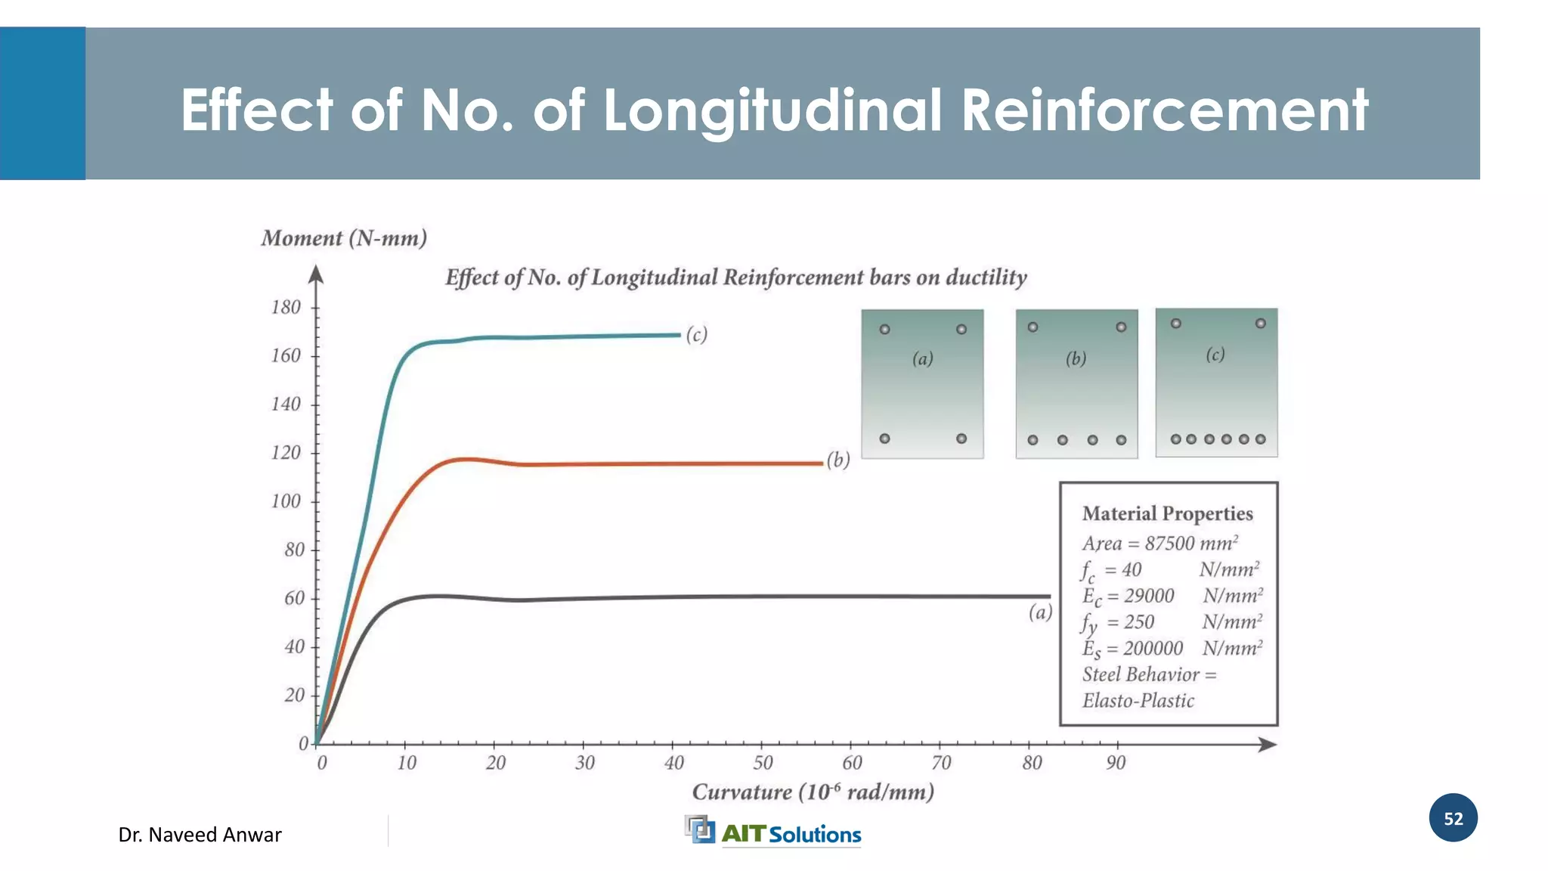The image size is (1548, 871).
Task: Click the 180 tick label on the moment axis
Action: coord(286,308)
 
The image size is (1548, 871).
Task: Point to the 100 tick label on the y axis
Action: coord(286,501)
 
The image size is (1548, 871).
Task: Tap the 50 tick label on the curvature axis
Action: coord(763,763)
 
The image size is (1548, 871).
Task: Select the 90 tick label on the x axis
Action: coord(1116,763)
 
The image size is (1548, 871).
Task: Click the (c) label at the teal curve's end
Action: coord(696,334)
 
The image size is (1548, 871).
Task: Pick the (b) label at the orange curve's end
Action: coord(837,460)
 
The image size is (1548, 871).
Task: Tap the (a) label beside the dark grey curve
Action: coord(1040,612)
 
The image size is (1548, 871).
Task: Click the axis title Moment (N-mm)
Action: coord(344,239)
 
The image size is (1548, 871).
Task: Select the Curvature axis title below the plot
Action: coord(813,792)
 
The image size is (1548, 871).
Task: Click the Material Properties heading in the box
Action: coord(1167,514)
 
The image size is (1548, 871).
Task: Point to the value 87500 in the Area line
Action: coord(1169,544)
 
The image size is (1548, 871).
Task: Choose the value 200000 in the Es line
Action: coord(1153,649)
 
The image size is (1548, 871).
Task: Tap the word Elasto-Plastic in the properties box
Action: coord(1138,701)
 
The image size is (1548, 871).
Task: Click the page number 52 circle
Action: coord(1453,818)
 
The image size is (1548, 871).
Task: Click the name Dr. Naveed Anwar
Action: coord(200,835)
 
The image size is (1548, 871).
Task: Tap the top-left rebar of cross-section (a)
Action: coord(884,330)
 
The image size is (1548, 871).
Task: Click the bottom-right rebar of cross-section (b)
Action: coord(1121,440)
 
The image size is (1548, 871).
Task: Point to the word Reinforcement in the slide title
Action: coord(1164,110)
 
